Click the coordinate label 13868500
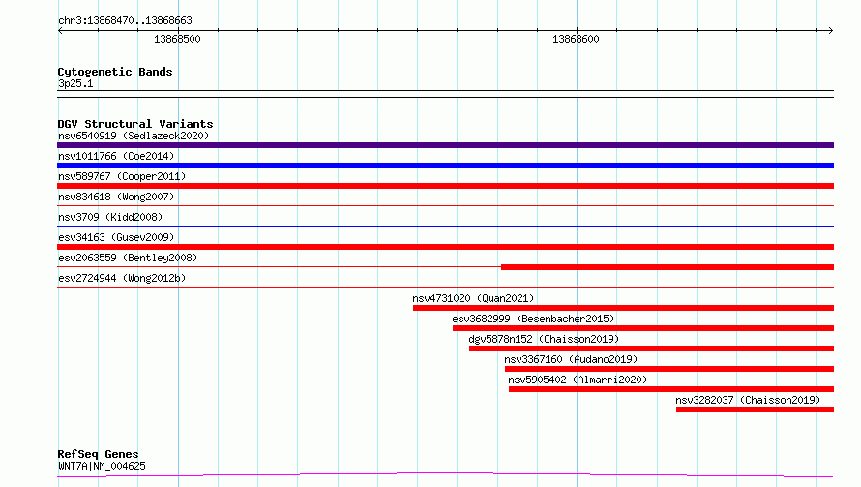177,39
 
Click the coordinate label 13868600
576,39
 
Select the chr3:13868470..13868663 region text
125,20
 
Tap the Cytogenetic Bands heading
115,72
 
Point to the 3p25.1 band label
75,83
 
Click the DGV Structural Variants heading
135,124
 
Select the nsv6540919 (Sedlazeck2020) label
134,136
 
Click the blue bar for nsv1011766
445,166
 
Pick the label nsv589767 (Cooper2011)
122,176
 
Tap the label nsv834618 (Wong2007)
116,197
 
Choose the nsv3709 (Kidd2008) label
110,217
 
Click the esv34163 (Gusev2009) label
116,237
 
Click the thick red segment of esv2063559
668,267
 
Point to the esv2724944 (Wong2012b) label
122,278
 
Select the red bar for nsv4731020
623,308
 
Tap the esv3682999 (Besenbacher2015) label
533,319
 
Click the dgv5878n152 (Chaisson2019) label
544,339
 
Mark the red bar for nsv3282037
755,410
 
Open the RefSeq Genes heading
98,454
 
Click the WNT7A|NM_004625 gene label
102,466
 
